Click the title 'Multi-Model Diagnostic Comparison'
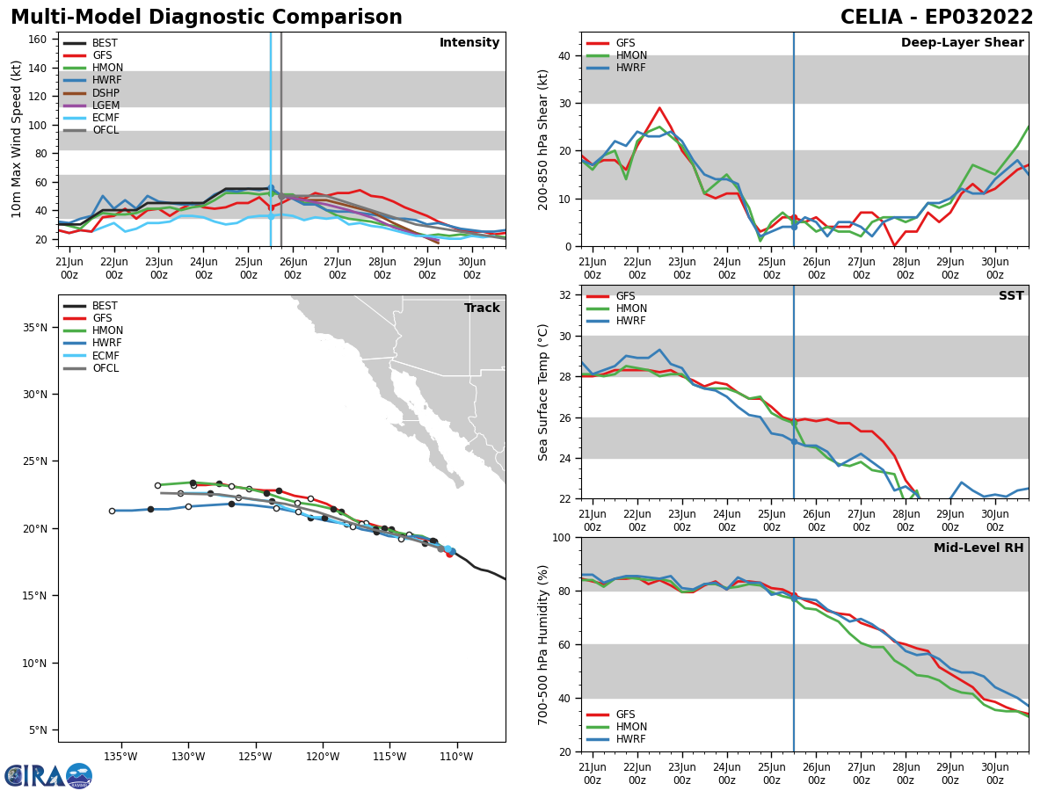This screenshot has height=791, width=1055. (206, 18)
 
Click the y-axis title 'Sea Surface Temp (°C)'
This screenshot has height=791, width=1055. (543, 392)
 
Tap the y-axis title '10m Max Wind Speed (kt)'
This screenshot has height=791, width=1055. (17, 139)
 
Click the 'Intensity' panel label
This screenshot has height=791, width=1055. (469, 43)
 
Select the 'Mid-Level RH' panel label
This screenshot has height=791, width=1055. (979, 548)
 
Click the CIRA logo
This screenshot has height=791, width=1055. (48, 775)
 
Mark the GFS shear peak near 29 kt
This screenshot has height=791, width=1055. (659, 108)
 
